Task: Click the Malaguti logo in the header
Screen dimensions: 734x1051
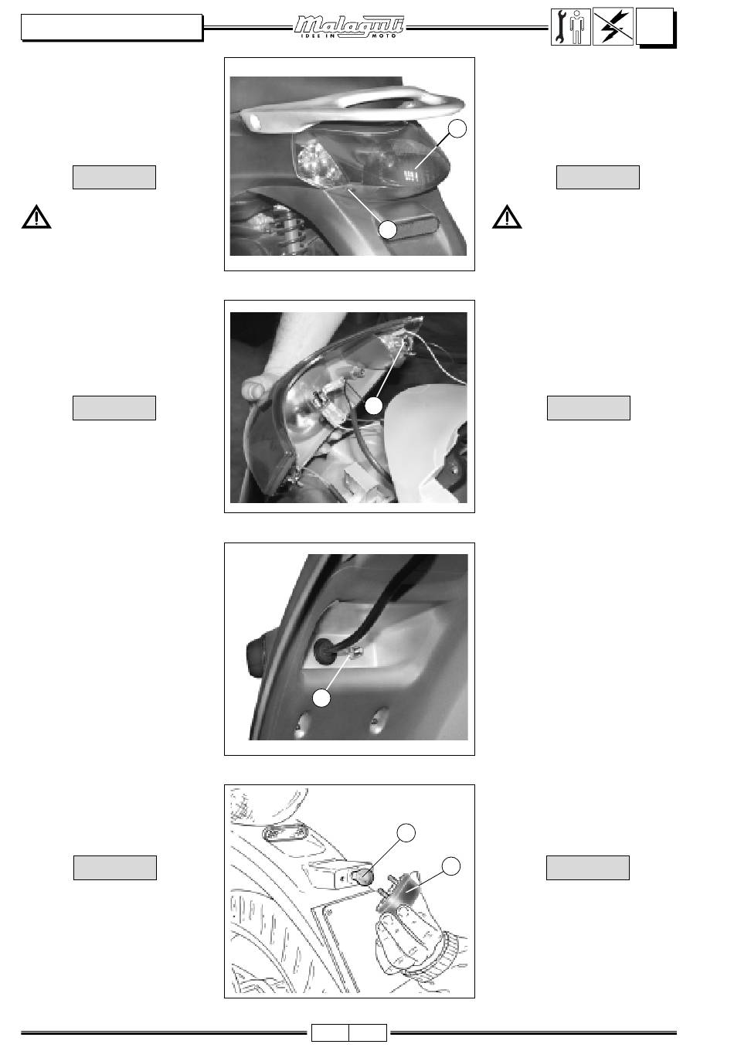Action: coord(349,27)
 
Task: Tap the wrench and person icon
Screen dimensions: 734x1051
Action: coord(570,27)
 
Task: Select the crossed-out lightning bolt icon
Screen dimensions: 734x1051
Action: coord(613,26)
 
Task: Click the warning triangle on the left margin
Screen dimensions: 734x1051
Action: coord(36,217)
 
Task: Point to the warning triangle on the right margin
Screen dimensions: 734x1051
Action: coord(507,217)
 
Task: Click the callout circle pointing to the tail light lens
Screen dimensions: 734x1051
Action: coord(457,128)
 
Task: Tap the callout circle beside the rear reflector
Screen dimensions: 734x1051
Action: coord(387,230)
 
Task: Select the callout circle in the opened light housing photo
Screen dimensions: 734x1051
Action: coord(373,406)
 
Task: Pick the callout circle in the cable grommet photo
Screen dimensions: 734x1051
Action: coord(321,698)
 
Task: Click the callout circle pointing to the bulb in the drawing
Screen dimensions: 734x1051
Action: coord(406,832)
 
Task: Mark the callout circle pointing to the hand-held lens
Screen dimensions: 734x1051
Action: coord(451,866)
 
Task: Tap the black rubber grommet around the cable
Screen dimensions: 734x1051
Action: coord(323,651)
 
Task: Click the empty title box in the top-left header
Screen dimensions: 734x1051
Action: coord(111,27)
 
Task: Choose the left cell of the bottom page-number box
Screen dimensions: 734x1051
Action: coord(330,1032)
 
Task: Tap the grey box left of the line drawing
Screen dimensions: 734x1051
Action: coord(115,868)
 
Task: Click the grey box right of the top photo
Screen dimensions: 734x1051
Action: coord(597,178)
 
